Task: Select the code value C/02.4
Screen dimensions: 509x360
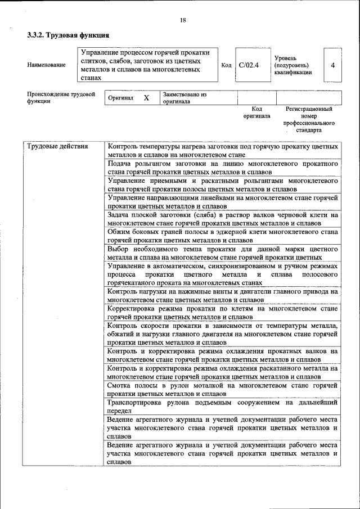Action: [x=248, y=65]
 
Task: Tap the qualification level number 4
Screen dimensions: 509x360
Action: [x=333, y=65]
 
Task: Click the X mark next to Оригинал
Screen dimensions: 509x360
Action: [x=146, y=98]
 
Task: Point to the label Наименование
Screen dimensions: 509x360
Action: [x=46, y=65]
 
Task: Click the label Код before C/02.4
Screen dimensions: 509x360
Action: [x=226, y=65]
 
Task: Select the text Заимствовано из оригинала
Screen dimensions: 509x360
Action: [x=185, y=98]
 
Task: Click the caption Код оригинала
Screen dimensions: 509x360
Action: [x=256, y=112]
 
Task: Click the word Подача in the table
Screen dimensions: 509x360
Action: [x=120, y=163]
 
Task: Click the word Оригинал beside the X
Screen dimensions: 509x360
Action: [x=121, y=98]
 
